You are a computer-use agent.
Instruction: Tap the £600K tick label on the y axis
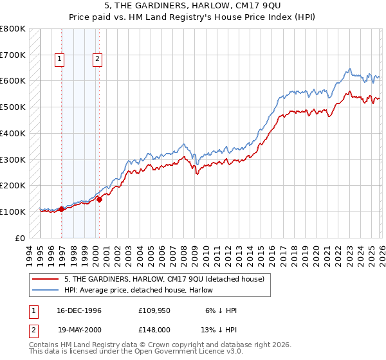point(13,81)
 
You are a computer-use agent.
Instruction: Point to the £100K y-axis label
point(13,212)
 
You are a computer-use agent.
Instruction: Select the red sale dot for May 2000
point(99,199)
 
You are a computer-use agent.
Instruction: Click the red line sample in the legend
point(46,279)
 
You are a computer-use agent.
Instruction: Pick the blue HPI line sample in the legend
point(46,290)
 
